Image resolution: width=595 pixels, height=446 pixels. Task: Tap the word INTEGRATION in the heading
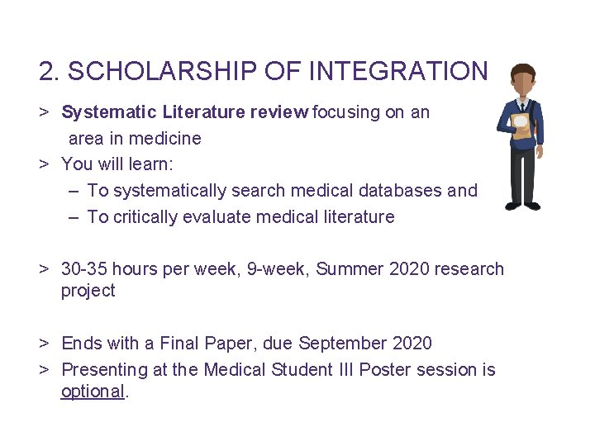[x=398, y=72]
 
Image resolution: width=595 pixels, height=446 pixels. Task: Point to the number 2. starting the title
[x=50, y=72]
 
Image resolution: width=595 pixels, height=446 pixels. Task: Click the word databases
[x=401, y=190]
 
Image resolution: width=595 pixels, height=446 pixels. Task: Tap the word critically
[x=145, y=217]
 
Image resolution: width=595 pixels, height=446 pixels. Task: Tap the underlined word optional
[x=92, y=391]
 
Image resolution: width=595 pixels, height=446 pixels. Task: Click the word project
[x=88, y=291]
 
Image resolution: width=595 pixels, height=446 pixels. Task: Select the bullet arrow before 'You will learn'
[x=45, y=164]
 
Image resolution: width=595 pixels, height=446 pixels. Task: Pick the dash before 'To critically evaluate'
[x=74, y=217]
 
